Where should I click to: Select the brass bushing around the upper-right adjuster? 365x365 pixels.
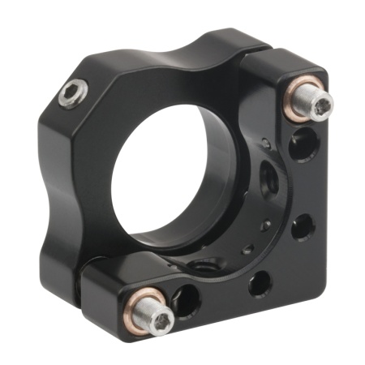point(294,94)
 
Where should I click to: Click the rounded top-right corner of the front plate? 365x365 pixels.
point(320,73)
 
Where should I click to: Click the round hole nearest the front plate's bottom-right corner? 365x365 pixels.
point(301,228)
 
